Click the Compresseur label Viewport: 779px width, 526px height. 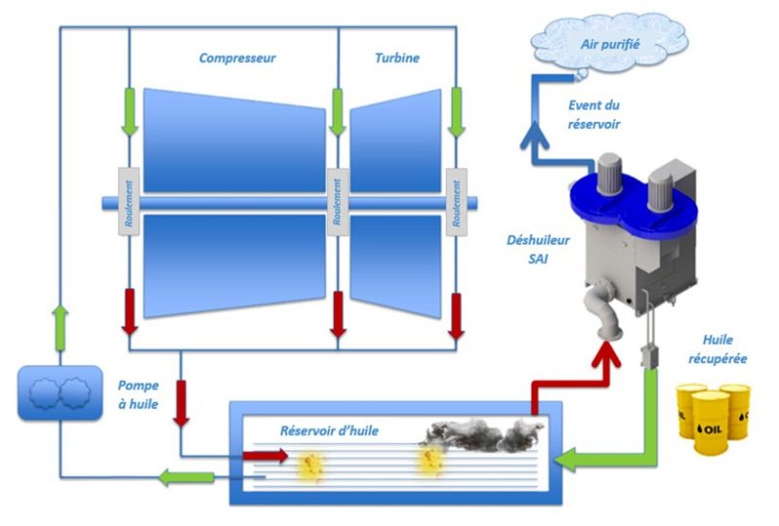pyautogui.click(x=237, y=58)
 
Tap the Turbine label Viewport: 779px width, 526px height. pyautogui.click(x=397, y=58)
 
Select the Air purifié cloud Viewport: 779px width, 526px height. pyautogui.click(x=609, y=42)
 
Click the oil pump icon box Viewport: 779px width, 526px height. pyautogui.click(x=59, y=393)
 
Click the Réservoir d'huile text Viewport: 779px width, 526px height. pyautogui.click(x=329, y=431)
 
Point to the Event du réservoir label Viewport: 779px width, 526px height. pyautogui.click(x=593, y=114)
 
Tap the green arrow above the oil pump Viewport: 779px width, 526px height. pyautogui.click(x=60, y=321)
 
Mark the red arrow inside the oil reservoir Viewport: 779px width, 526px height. pyautogui.click(x=271, y=455)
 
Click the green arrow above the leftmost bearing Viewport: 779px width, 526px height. pyautogui.click(x=130, y=111)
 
